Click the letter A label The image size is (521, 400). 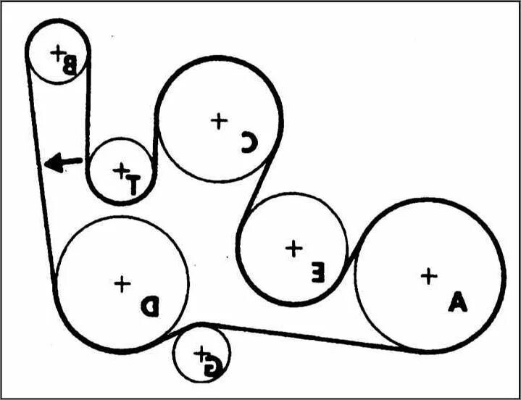(x=457, y=301)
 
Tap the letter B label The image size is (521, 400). (x=70, y=66)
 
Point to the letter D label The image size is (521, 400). (x=149, y=307)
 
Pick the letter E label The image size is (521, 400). (x=317, y=273)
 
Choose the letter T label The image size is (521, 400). (x=133, y=183)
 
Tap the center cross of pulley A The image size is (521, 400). (x=429, y=276)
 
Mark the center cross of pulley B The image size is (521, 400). (x=57, y=51)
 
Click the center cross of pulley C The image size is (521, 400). (x=217, y=120)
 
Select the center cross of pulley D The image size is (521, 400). (x=122, y=283)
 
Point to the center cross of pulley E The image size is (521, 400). (x=293, y=249)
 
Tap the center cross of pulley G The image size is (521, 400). (x=200, y=352)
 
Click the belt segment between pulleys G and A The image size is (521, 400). (x=304, y=335)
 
